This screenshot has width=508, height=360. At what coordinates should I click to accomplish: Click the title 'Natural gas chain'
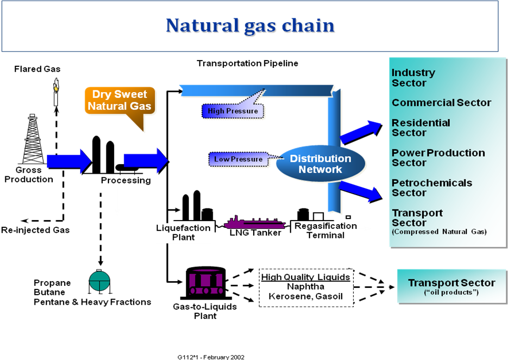click(x=250, y=26)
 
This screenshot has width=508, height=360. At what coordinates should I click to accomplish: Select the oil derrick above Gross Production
click(x=33, y=139)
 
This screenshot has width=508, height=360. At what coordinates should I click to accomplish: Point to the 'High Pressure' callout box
click(x=233, y=111)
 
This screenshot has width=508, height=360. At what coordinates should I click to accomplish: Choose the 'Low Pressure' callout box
click(x=238, y=159)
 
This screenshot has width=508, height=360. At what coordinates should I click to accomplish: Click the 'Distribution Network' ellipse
click(x=321, y=164)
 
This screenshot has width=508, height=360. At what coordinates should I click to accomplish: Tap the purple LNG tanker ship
click(x=255, y=223)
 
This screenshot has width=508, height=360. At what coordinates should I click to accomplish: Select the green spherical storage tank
click(x=99, y=281)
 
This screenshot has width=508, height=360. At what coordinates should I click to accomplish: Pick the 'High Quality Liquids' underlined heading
click(x=305, y=277)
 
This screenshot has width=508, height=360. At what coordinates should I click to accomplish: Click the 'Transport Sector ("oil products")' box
click(x=452, y=286)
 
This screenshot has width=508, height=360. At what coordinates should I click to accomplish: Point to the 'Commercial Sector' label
click(x=441, y=103)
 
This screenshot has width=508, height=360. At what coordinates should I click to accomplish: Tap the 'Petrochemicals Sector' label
click(x=432, y=187)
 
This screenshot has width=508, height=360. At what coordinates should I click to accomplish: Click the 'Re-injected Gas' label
click(x=35, y=230)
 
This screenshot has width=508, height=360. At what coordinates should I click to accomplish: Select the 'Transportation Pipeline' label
click(x=247, y=63)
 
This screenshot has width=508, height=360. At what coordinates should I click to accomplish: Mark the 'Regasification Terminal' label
click(x=326, y=231)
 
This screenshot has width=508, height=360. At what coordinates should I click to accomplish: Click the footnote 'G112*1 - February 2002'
click(x=211, y=357)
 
